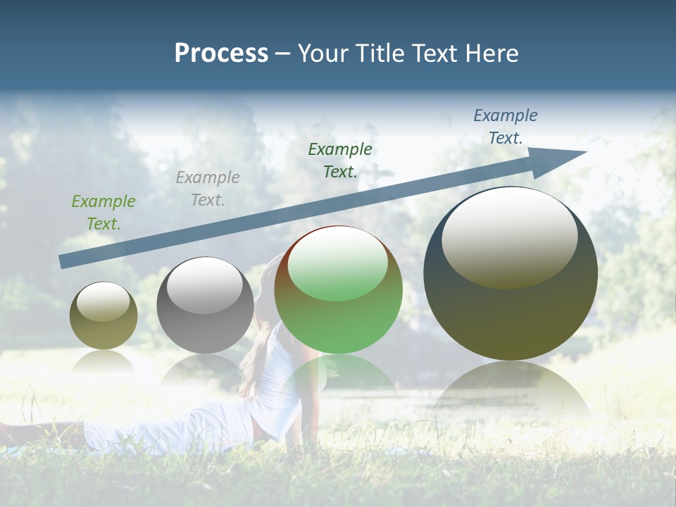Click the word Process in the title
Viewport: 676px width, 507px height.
221,54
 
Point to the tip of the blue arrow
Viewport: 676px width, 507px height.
585,152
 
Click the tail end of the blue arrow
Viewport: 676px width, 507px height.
61,262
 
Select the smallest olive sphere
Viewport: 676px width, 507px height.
104,315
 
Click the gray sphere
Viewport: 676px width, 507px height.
205,305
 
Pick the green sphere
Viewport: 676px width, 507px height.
338,289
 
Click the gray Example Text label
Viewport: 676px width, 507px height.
208,189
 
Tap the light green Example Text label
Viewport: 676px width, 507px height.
104,213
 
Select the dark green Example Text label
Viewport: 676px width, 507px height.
340,160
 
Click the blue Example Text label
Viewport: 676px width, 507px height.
505,127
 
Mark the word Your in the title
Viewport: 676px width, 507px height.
324,54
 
